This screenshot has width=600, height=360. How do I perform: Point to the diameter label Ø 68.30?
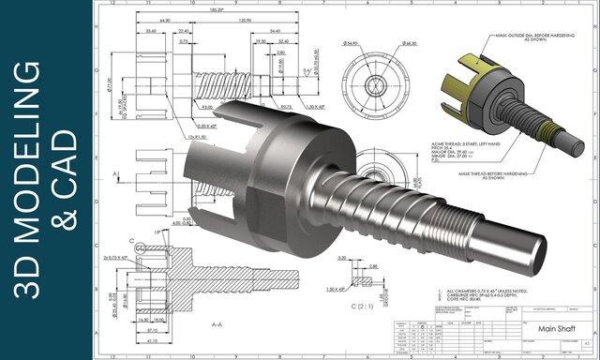click(410, 44)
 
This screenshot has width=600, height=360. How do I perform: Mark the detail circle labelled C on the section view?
click(142, 248)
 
